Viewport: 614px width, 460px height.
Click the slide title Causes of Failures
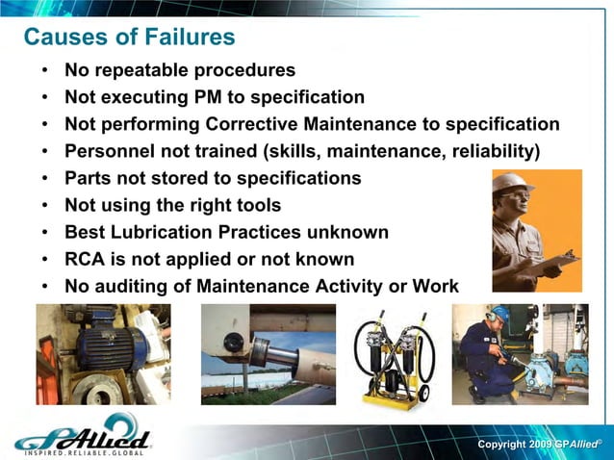click(129, 38)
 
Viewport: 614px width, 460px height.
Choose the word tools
click(260, 205)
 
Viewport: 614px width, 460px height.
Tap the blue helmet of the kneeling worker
click(499, 315)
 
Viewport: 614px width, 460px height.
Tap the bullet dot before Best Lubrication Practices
click(45, 233)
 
